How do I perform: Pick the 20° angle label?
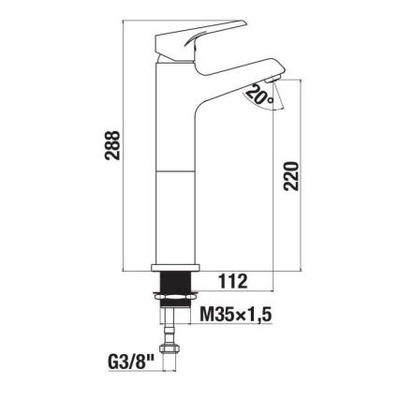click(259, 95)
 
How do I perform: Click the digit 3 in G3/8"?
click(118, 361)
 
